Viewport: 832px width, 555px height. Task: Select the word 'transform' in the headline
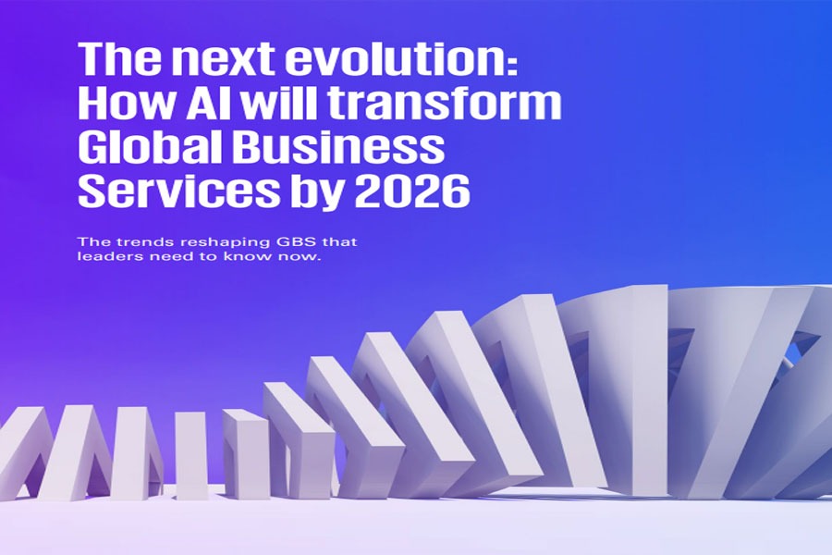tap(445, 103)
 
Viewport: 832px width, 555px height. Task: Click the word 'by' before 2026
tap(317, 192)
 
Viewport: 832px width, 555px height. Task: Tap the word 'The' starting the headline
tap(119, 58)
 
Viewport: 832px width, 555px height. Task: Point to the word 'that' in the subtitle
tap(340, 242)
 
